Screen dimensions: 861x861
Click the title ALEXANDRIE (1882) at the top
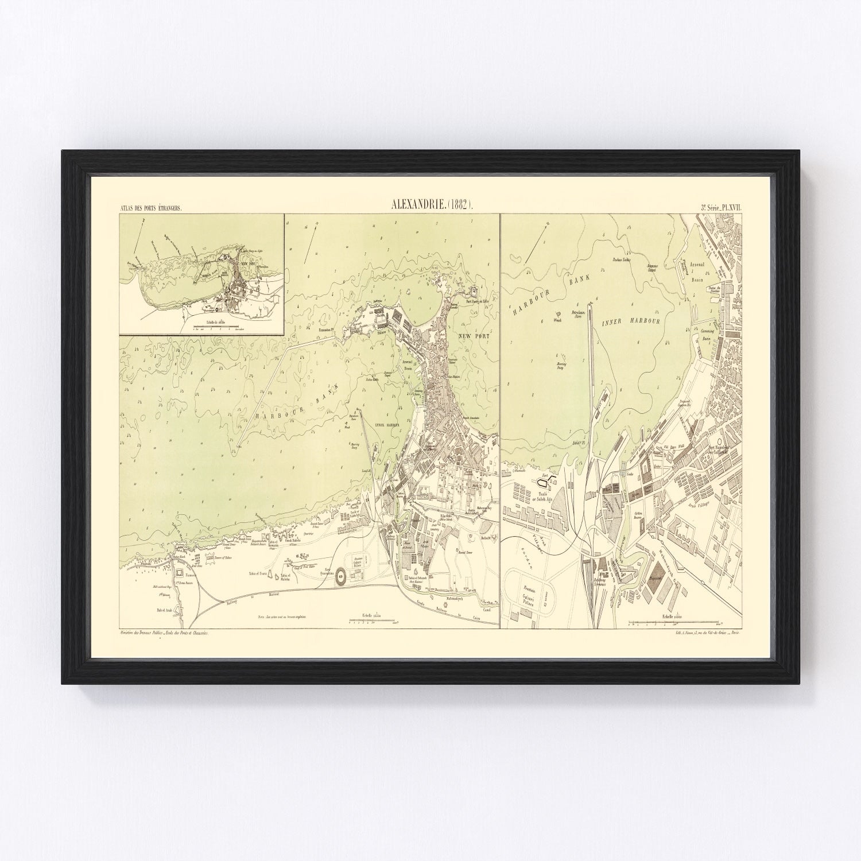click(x=431, y=204)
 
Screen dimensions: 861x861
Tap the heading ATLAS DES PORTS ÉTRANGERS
click(x=151, y=208)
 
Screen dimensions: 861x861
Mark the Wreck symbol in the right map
click(x=556, y=320)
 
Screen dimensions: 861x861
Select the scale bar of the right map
click(x=674, y=622)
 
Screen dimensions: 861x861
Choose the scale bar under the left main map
click(x=372, y=620)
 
